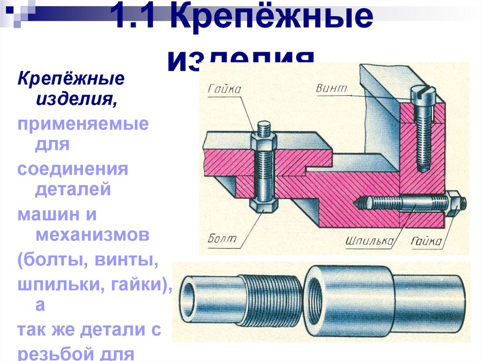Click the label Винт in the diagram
[x=332, y=88]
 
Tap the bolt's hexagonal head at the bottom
[x=263, y=207]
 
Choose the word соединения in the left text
[x=73, y=169]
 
